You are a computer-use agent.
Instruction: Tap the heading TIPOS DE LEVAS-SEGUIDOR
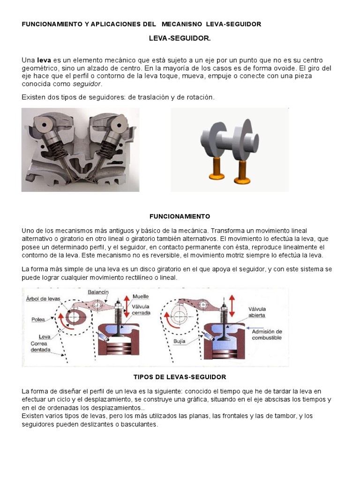tap(180, 376)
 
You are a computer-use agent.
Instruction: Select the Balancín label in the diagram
tap(98, 292)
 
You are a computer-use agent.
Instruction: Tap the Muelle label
tap(141, 296)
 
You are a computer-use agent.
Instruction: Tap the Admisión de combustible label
tap(267, 334)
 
